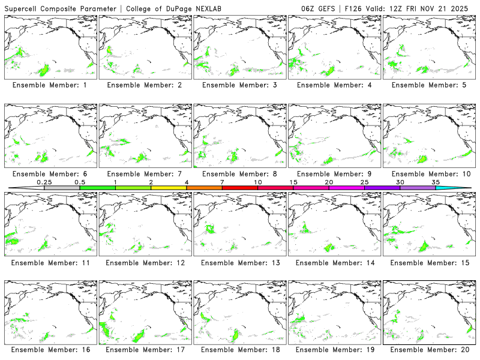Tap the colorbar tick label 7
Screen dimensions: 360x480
click(222, 182)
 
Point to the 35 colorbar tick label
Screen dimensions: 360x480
click(435, 182)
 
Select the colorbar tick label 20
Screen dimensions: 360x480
click(329, 182)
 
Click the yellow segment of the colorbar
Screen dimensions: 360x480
click(169, 188)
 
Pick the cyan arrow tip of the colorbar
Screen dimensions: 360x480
click(462, 188)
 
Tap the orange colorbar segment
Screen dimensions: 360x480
click(204, 188)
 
